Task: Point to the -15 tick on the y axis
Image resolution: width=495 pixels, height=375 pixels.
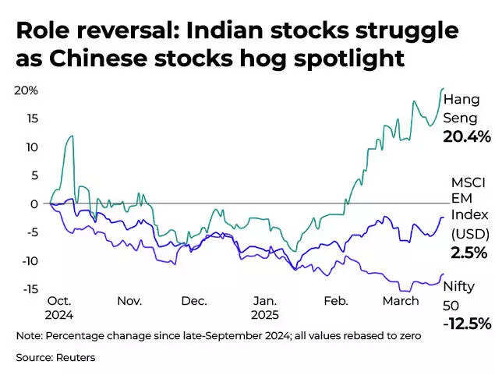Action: coord(28,289)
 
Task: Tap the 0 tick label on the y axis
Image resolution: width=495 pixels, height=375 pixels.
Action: coord(34,204)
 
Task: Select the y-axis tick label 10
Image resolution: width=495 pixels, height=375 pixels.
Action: coord(31,147)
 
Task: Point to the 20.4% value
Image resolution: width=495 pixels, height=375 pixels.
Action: coord(467,137)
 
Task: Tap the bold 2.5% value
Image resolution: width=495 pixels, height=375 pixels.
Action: coord(468,253)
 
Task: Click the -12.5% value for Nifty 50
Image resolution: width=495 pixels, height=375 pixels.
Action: coord(468,324)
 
